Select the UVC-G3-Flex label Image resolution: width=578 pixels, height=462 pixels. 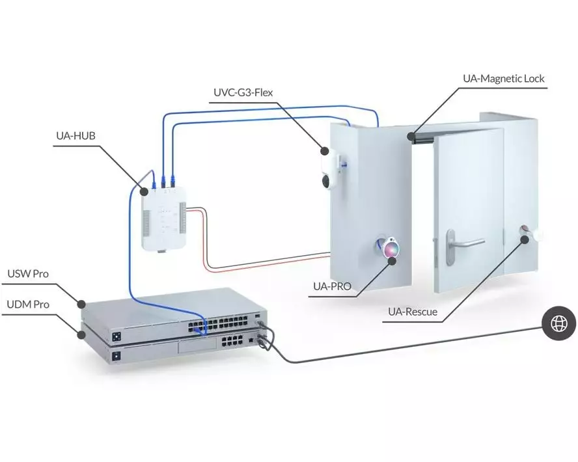[x=243, y=92]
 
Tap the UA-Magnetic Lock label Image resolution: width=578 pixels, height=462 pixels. [x=503, y=79]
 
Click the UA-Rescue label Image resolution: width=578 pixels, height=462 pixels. [x=413, y=312]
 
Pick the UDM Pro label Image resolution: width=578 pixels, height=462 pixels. [x=27, y=304]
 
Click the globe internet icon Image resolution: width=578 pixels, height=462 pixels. [x=558, y=323]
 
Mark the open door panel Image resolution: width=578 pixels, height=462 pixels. [x=469, y=215]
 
